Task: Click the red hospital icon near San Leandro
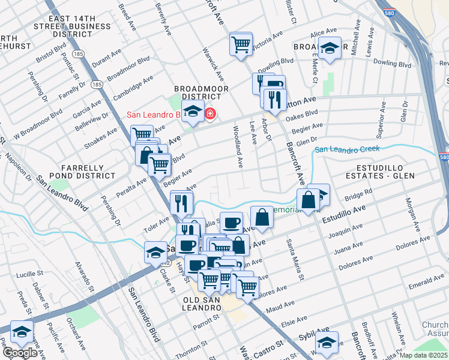coord(210,113)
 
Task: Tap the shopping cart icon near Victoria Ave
coord(241,44)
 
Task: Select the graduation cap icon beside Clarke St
coord(155,252)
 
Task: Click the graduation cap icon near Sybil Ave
coord(327,343)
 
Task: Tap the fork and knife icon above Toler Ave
coord(181,203)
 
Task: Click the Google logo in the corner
coord(20,353)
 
